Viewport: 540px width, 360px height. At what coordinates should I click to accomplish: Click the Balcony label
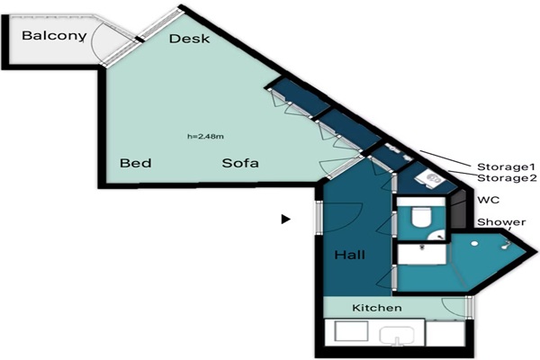point(54,36)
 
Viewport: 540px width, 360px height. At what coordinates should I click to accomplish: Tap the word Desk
point(189,39)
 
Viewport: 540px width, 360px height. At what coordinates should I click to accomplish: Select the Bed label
point(135,163)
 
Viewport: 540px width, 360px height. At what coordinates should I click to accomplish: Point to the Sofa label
point(240,163)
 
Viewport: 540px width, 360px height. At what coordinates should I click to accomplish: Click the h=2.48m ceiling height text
point(205,137)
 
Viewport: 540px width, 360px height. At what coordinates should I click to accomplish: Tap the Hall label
point(349,255)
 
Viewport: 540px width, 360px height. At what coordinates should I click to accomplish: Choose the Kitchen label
point(377,308)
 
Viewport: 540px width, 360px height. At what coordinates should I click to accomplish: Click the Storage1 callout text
point(506,167)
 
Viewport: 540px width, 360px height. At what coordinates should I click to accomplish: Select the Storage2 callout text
point(507,178)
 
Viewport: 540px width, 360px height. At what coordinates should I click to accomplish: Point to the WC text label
point(489,200)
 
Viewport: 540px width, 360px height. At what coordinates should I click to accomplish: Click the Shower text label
point(501,222)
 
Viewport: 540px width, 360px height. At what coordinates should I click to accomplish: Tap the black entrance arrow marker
point(285,219)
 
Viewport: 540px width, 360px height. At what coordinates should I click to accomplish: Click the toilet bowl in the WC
point(421,217)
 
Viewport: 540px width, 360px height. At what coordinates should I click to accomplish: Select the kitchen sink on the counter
point(397,335)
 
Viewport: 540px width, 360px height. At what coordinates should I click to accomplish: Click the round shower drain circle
point(474,244)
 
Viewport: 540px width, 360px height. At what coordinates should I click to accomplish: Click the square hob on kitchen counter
point(351,331)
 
